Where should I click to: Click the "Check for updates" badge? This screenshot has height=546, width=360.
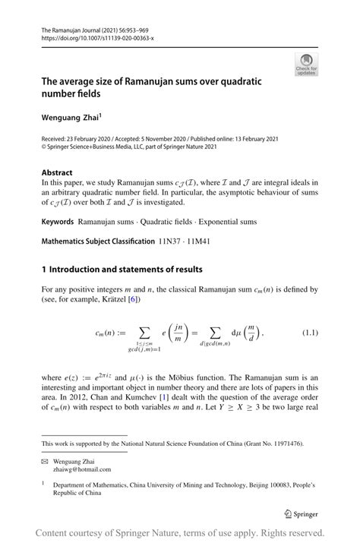pyautogui.click(x=306, y=65)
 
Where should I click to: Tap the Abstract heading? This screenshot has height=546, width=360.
pyautogui.click(x=57, y=172)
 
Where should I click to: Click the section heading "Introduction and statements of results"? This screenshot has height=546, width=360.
pyautogui.click(x=126, y=270)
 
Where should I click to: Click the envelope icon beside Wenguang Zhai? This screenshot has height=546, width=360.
pyautogui.click(x=46, y=461)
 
